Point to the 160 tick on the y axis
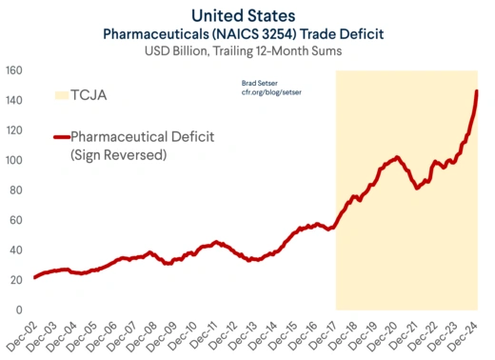point(13,70)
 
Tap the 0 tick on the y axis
point(19,310)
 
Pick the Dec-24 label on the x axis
point(466,335)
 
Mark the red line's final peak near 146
point(477,91)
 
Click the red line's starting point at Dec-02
point(34,277)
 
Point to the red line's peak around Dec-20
point(397,156)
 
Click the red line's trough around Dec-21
point(417,188)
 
